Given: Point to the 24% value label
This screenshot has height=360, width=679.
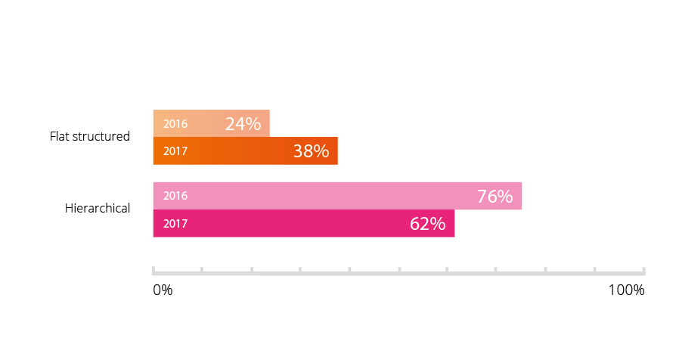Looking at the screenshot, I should click(x=243, y=124).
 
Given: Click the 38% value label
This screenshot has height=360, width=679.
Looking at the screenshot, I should click(x=311, y=151).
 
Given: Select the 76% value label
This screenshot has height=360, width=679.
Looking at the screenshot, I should click(x=495, y=197).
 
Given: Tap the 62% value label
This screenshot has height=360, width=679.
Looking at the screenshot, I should click(x=427, y=224).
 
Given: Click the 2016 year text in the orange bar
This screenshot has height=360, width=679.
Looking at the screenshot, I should click(x=175, y=124).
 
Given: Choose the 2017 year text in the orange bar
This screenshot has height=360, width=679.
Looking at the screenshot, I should click(x=175, y=151).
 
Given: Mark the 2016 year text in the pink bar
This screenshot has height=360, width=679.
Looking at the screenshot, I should click(x=175, y=196).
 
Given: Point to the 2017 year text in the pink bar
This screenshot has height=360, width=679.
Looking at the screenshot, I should click(x=175, y=224).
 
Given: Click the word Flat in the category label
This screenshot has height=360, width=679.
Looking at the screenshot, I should click(x=59, y=137).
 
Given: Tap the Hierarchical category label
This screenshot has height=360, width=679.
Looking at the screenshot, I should click(x=98, y=208).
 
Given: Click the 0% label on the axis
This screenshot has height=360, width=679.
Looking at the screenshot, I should click(x=163, y=290).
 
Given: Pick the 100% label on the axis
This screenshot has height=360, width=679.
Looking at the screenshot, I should click(x=626, y=290).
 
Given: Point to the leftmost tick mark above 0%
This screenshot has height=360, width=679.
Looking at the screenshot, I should click(x=153, y=269).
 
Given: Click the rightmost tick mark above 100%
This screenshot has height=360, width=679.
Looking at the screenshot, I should click(x=643, y=269).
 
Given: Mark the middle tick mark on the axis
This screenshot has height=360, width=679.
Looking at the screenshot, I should click(x=398, y=269).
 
